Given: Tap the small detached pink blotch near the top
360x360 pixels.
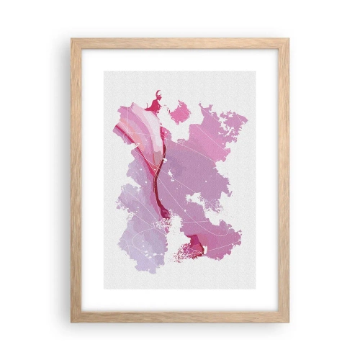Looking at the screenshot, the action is click(x=179, y=112).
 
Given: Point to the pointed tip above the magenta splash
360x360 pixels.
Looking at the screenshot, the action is click(x=157, y=93).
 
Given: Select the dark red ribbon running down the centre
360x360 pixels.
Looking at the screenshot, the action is click(x=158, y=173).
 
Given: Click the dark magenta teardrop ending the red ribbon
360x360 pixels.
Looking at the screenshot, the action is click(x=165, y=212).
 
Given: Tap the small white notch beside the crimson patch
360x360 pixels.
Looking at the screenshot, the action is click(x=204, y=251).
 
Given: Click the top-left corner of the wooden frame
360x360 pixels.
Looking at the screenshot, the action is click(x=73, y=41).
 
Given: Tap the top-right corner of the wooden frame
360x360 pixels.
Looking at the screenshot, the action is click(x=287, y=41).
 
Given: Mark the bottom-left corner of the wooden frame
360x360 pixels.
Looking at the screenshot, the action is click(x=73, y=320).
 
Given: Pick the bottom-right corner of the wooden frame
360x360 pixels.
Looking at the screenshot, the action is click(x=287, y=320).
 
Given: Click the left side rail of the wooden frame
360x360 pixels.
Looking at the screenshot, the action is click(x=76, y=180).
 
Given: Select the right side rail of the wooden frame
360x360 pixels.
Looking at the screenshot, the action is click(x=284, y=180).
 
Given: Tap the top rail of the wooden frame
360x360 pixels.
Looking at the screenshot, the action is click(x=180, y=43).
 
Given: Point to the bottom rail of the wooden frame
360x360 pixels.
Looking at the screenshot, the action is click(x=180, y=318).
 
